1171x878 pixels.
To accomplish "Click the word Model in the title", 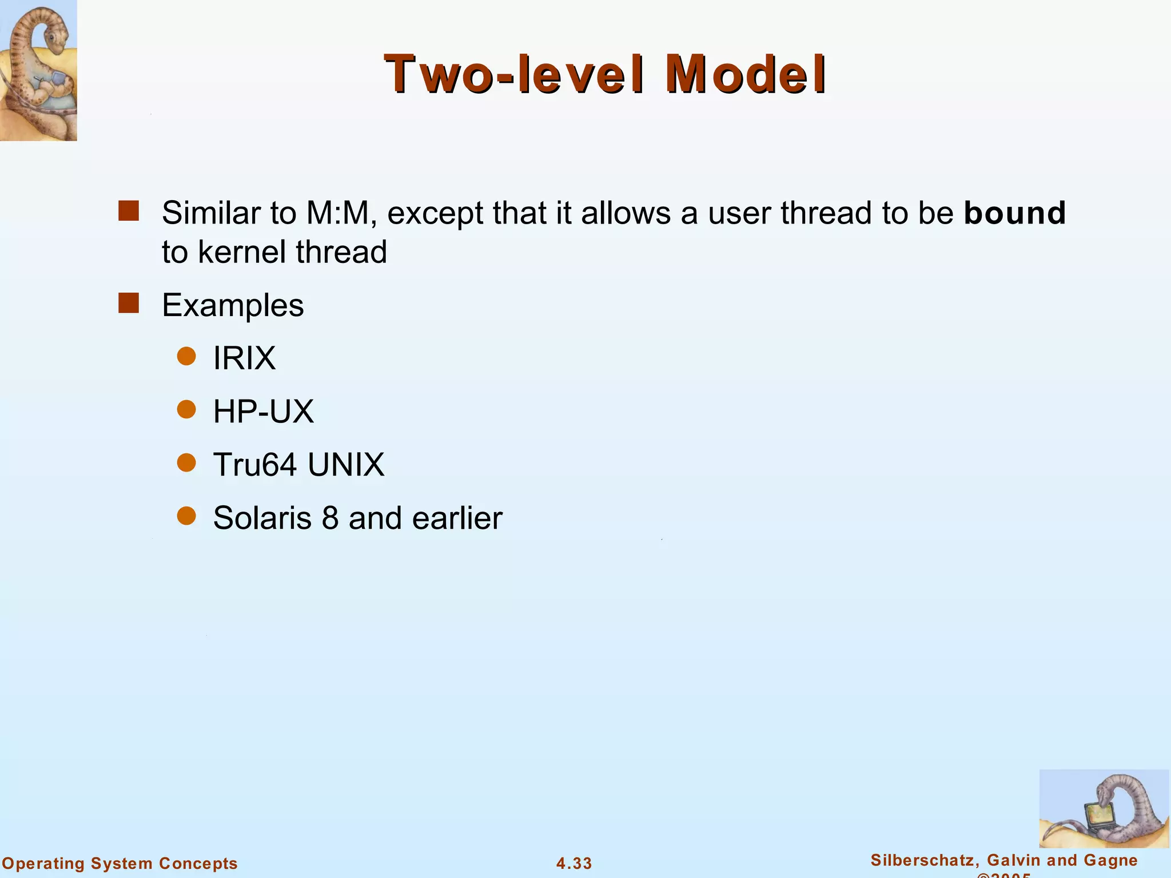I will coord(746,74).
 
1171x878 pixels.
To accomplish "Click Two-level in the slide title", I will coord(513,74).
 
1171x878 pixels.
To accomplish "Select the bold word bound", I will coord(1014,213).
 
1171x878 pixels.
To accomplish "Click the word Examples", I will coord(233,305).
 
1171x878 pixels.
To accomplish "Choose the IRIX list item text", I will coord(244,358).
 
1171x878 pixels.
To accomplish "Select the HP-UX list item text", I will coord(264,412).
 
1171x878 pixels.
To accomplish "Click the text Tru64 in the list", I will coord(255,464).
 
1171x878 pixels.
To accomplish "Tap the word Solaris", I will coord(262,518).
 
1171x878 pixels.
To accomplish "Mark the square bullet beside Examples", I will coord(129,303).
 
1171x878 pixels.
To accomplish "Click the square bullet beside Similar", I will coord(129,210).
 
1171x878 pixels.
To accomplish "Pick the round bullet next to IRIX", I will coord(186,356).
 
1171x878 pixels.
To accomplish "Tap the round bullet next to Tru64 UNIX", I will coord(186,462).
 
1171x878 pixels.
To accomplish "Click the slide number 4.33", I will coord(574,863).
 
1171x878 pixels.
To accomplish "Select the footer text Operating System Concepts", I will coord(120,863).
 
